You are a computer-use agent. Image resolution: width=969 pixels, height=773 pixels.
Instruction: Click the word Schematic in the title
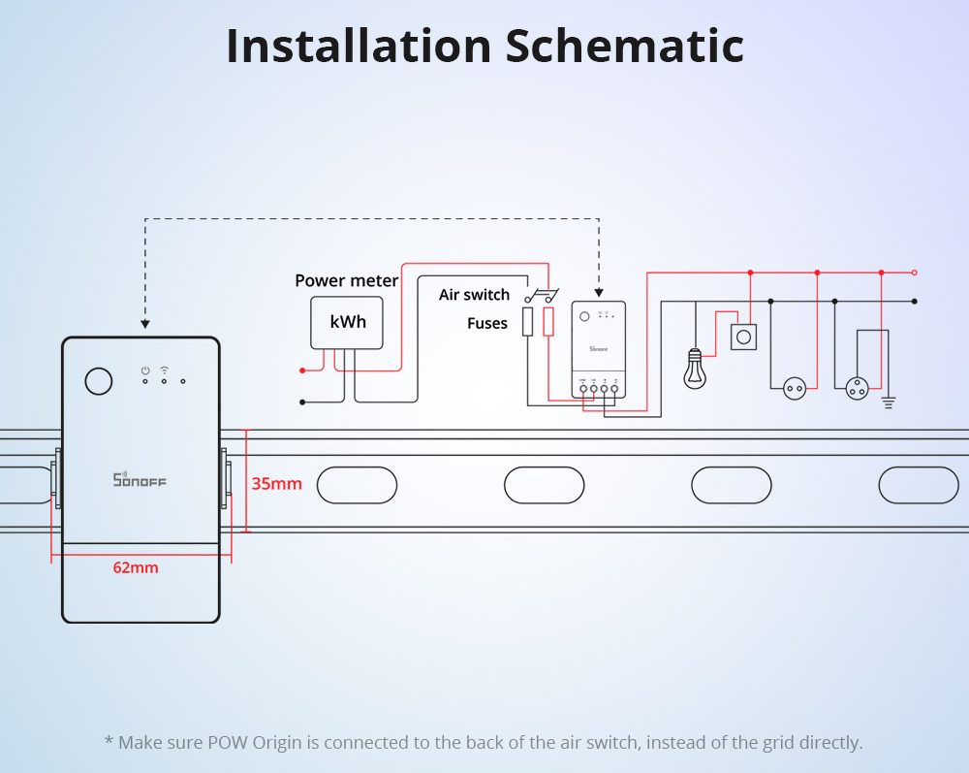[625, 47]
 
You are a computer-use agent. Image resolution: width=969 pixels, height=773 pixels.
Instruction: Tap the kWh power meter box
[347, 322]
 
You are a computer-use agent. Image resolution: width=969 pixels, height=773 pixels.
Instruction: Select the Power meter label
[346, 280]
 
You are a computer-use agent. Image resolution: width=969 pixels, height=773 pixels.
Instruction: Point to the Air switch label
[474, 295]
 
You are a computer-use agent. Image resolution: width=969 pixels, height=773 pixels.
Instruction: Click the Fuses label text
[486, 323]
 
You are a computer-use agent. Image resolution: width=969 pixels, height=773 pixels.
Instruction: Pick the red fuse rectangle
[548, 322]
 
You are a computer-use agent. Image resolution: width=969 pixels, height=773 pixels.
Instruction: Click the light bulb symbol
[694, 370]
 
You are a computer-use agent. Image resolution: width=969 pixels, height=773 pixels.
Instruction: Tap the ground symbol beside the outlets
[888, 399]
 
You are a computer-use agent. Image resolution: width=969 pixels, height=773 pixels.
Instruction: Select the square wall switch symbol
[743, 337]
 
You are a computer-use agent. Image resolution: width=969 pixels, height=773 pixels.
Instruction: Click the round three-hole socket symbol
[858, 388]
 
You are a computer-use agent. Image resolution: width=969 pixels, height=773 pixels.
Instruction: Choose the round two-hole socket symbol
[795, 388]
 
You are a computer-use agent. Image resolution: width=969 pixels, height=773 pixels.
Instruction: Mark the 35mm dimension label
[277, 483]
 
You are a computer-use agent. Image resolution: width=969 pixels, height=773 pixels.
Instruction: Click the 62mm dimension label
[136, 567]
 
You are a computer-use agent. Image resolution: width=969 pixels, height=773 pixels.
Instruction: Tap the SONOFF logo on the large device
[141, 479]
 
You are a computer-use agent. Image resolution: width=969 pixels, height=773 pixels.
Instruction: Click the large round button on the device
[98, 381]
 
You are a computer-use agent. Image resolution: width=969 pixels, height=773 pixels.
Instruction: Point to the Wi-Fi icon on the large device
[164, 370]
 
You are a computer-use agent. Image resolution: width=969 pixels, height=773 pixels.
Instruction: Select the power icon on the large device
[144, 370]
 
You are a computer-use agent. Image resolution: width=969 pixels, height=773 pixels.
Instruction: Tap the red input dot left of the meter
[302, 370]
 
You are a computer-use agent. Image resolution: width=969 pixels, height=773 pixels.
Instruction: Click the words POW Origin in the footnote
[261, 743]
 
